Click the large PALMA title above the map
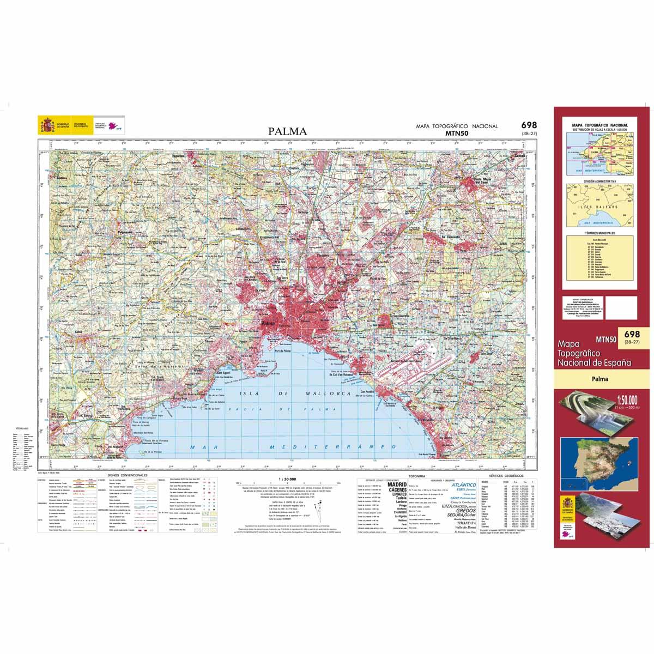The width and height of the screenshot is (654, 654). coord(287,131)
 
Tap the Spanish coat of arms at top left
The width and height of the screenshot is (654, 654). coord(46,127)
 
